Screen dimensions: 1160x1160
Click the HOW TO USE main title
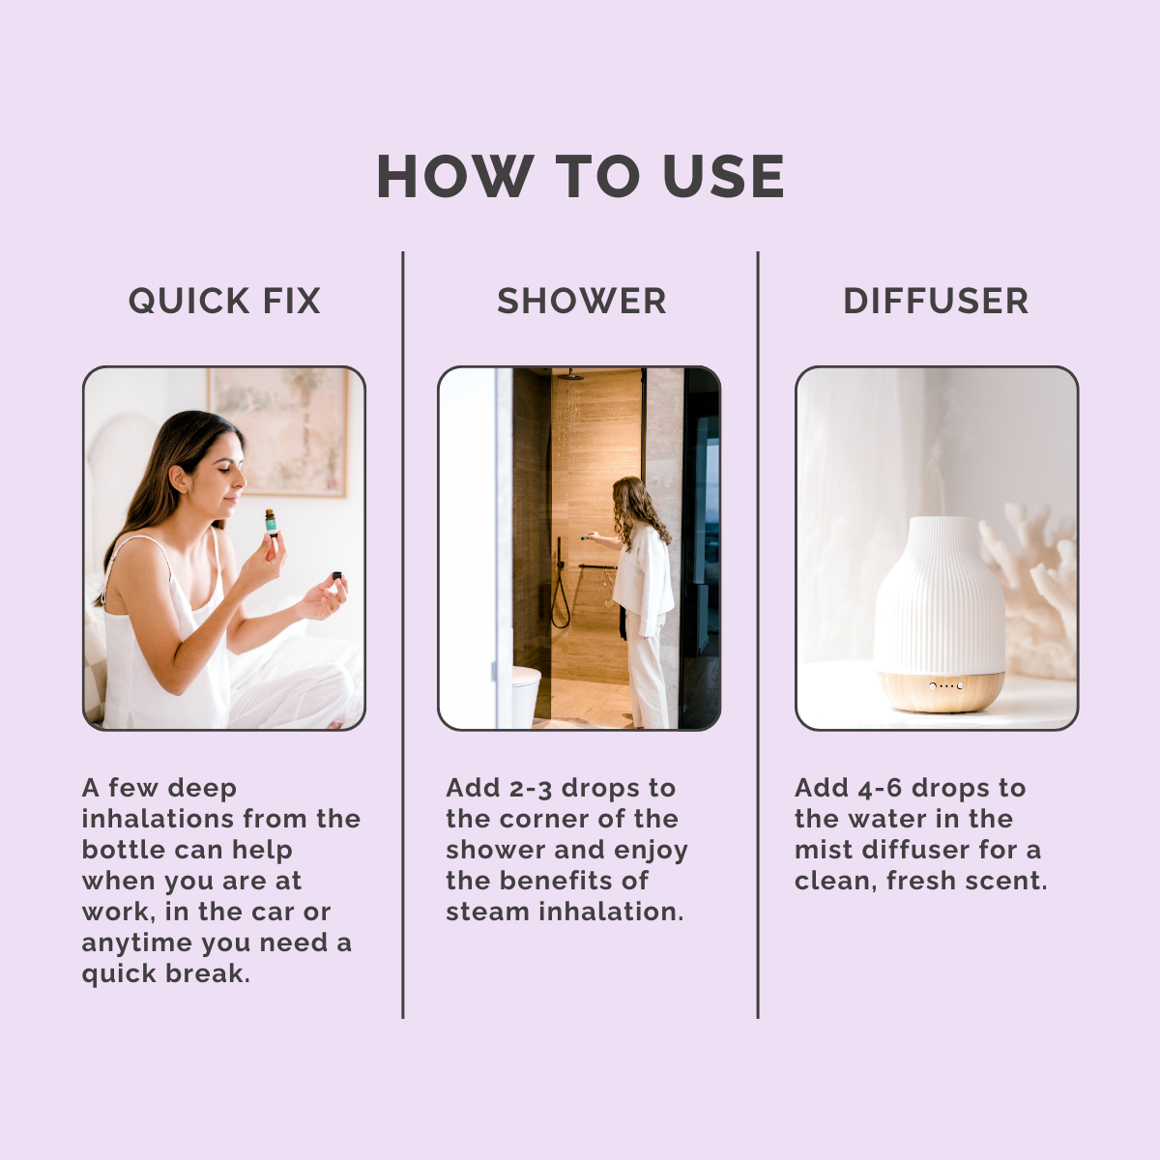click(x=580, y=176)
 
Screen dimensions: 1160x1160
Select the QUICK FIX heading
click(x=224, y=301)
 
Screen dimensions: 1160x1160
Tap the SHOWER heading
click(x=582, y=301)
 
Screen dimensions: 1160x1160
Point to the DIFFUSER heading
click(x=936, y=301)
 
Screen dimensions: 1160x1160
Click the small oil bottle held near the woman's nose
click(x=271, y=522)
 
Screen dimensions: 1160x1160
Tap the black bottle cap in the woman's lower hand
click(x=337, y=576)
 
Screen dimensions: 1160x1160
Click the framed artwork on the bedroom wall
click(x=277, y=432)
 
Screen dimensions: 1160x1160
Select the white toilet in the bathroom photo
click(x=526, y=695)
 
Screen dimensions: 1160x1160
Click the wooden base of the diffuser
click(x=940, y=690)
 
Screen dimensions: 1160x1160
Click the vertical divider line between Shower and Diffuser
click(x=758, y=635)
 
